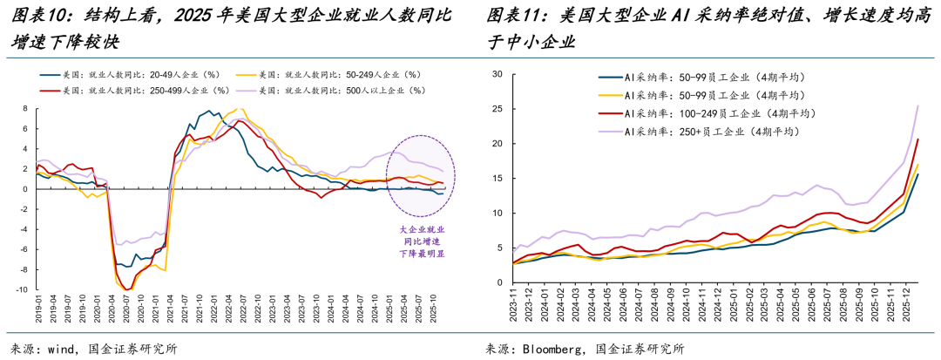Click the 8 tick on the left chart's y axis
pos(25,109)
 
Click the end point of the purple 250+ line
pos(918,105)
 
